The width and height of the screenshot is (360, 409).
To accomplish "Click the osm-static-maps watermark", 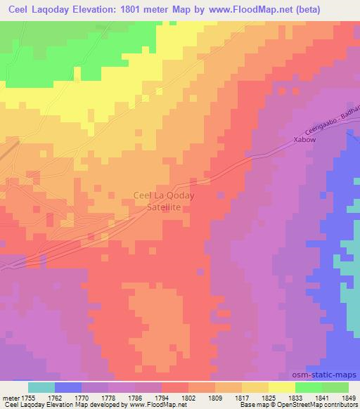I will point(326,375).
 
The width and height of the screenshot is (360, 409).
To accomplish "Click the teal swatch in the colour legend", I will point(41,387).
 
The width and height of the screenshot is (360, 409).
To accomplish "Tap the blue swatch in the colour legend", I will point(67,387).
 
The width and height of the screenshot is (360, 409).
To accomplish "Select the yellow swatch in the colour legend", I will point(281,387).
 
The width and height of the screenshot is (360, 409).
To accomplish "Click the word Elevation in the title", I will point(103,10).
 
